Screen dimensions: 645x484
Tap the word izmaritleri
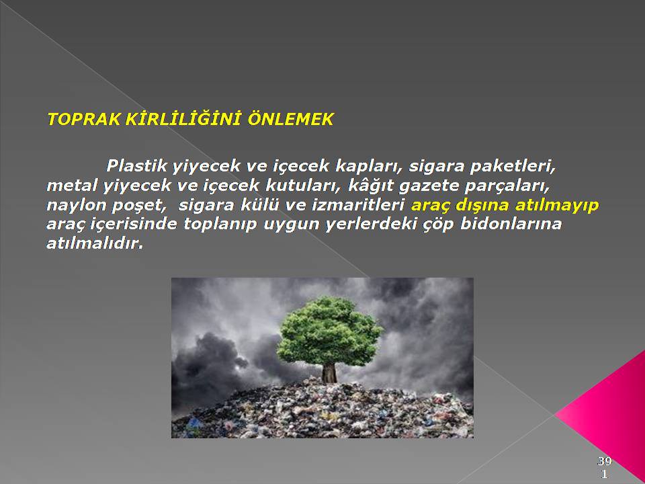[x=358, y=204]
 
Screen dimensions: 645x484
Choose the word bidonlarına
[x=511, y=224]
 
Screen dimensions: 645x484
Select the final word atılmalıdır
[x=95, y=243]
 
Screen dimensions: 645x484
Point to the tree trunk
[x=329, y=373]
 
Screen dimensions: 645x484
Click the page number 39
[x=605, y=461]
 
